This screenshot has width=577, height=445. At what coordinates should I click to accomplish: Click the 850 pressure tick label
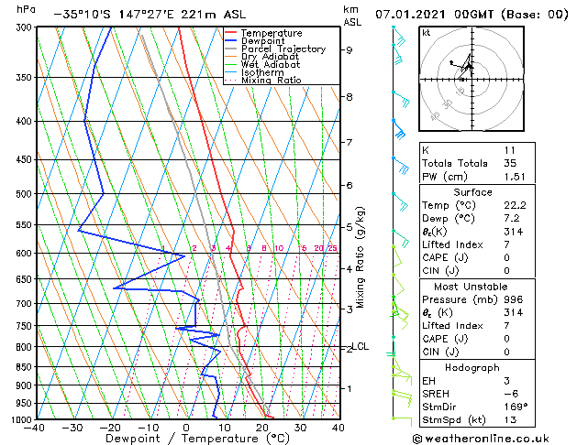pos(22,367)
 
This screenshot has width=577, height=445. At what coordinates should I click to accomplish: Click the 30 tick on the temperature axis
pos(301,428)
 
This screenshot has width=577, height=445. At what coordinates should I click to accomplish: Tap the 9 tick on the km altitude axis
pos(350,50)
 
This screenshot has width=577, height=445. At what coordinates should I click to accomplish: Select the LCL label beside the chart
pos(361,347)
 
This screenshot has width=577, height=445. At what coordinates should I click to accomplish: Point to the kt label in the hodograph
pos(426,33)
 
